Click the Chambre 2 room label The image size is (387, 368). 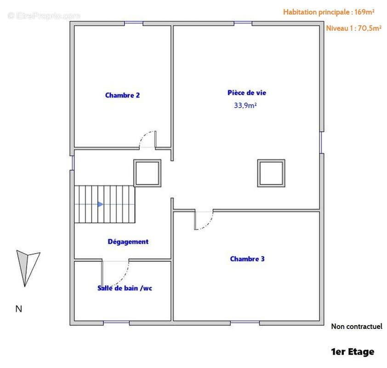pyautogui.click(x=122, y=95)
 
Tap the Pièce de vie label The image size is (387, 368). pyautogui.click(x=246, y=92)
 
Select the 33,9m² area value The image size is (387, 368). pyautogui.click(x=245, y=105)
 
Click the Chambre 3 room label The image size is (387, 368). pyautogui.click(x=247, y=259)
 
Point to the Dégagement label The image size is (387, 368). pyautogui.click(x=128, y=241)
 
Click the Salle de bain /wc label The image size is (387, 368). pyautogui.click(x=125, y=288)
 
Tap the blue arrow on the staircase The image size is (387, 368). pyautogui.click(x=100, y=204)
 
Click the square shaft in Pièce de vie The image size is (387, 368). pyautogui.click(x=271, y=173)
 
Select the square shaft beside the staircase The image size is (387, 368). pyautogui.click(x=147, y=173)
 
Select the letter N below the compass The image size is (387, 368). pyautogui.click(x=19, y=309)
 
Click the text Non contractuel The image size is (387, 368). pyautogui.click(x=356, y=326)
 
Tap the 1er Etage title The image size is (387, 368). pyautogui.click(x=352, y=352)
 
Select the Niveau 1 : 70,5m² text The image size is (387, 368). pyautogui.click(x=353, y=28)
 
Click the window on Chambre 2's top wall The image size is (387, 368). pyautogui.click(x=133, y=23)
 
